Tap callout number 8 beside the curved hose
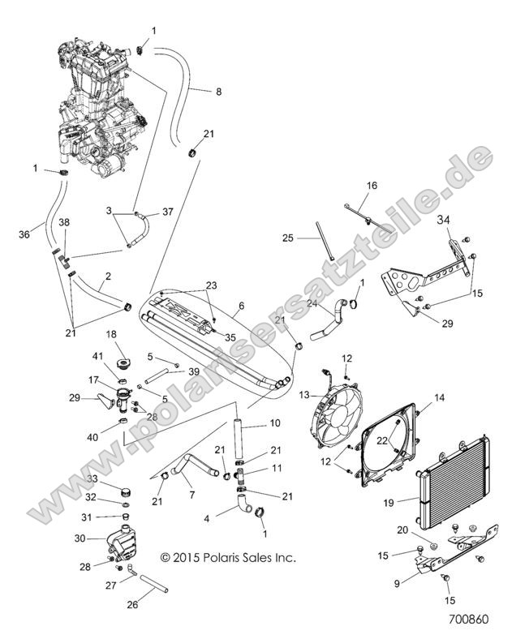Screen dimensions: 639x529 (x=217, y=92)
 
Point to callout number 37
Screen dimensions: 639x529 (x=168, y=212)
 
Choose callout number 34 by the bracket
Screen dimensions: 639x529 (x=443, y=220)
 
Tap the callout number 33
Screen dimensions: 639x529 (x=93, y=479)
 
